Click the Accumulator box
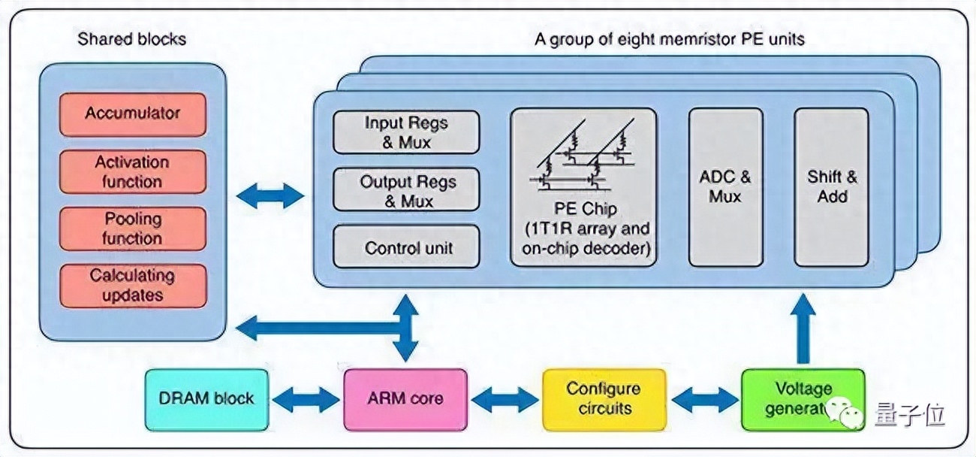tap(133, 113)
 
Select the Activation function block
tap(133, 171)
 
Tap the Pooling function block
tap(133, 228)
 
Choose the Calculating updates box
tap(133, 286)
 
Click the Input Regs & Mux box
tap(406, 132)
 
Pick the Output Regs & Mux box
tap(406, 190)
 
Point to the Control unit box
tap(406, 247)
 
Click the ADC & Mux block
tap(725, 186)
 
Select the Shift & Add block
tap(831, 186)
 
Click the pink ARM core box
tap(405, 399)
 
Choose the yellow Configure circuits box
tap(604, 399)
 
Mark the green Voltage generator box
tap(802, 399)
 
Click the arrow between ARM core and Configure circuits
tap(505, 399)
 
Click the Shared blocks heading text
tap(131, 39)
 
